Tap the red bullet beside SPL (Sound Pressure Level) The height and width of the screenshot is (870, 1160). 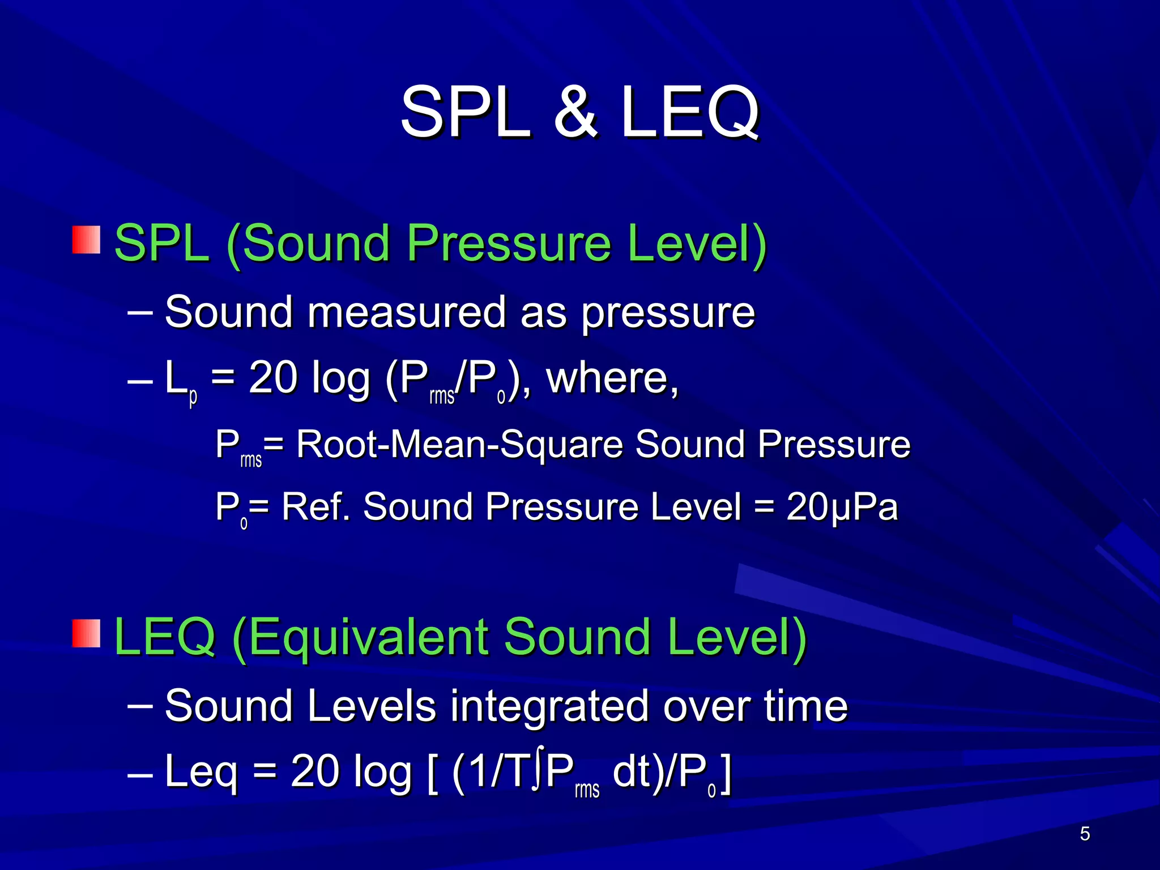tap(86, 240)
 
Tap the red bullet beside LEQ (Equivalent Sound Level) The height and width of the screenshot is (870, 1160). tap(86, 633)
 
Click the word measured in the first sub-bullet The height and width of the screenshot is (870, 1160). tap(406, 312)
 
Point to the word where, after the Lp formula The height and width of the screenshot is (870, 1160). tap(612, 378)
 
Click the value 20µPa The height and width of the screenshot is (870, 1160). tap(842, 506)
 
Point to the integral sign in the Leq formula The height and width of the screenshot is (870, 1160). tap(538, 771)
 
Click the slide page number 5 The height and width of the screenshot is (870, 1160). tap(1085, 834)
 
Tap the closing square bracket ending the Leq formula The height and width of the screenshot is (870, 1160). tap(726, 773)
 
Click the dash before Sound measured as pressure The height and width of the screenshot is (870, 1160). tap(140, 312)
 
